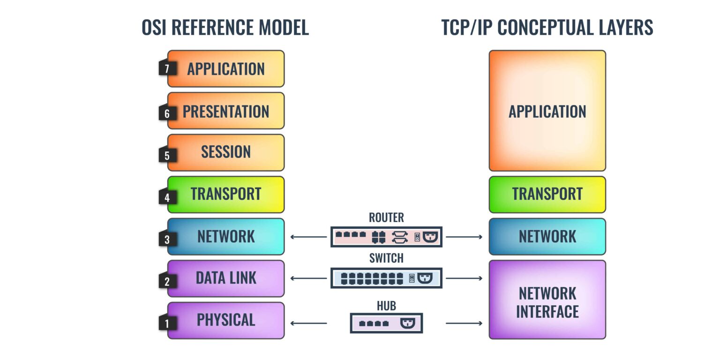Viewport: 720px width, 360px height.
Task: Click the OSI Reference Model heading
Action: [x=225, y=28]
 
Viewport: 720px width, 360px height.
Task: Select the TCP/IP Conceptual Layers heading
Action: [x=547, y=28]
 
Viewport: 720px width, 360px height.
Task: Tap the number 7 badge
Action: [x=167, y=69]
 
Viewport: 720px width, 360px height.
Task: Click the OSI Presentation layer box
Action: [x=226, y=111]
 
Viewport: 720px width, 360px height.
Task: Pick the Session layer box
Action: [x=226, y=152]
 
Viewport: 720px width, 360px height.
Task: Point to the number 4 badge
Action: [x=167, y=197]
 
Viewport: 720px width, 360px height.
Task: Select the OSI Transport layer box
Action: [x=226, y=194]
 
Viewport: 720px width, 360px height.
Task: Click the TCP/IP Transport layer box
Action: [x=547, y=194]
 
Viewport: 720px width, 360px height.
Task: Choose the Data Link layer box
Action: [x=226, y=278]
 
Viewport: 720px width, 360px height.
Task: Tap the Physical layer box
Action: [x=226, y=320]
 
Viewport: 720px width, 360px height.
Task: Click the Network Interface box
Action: [x=547, y=300]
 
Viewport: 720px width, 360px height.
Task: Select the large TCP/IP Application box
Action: [x=547, y=111]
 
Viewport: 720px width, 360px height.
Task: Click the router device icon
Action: [x=386, y=237]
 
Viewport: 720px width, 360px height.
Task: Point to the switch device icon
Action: [x=386, y=278]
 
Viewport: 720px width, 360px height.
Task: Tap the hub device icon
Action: [x=386, y=323]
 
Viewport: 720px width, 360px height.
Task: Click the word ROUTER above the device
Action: [x=386, y=217]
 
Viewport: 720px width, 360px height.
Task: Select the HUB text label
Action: [x=386, y=306]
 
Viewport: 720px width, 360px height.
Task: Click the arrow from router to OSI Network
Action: [x=308, y=237]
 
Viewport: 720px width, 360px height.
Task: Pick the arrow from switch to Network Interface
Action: [x=464, y=278]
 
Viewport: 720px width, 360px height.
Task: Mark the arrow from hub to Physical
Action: [x=308, y=323]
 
